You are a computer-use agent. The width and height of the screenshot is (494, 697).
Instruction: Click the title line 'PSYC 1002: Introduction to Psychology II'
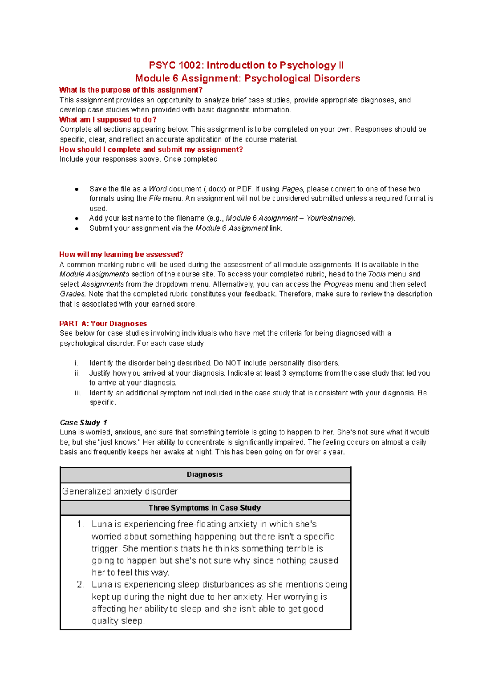click(246, 65)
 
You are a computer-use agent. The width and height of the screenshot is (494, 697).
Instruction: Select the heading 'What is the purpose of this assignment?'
click(130, 90)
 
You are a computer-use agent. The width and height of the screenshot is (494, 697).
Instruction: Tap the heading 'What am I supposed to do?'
click(107, 120)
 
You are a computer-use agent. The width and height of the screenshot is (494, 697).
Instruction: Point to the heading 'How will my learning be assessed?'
click(121, 254)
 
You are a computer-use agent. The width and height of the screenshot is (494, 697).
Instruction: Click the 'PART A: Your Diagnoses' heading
click(103, 323)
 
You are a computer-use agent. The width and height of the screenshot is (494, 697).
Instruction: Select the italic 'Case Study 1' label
click(83, 423)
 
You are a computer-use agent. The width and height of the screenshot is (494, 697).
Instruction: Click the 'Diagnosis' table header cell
click(205, 474)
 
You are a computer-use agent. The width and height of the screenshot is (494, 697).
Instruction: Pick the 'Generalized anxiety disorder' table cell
click(120, 491)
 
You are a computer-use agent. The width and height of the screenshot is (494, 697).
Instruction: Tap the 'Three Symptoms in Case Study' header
click(205, 508)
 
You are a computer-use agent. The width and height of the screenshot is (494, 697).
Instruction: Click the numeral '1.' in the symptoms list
click(81, 524)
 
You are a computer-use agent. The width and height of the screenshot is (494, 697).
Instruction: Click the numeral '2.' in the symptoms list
click(81, 584)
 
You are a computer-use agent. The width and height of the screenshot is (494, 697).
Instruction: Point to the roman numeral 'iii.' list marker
click(78, 393)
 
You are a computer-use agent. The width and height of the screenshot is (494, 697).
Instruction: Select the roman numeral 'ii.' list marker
click(77, 373)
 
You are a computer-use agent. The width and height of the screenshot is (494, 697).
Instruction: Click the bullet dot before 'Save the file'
click(77, 189)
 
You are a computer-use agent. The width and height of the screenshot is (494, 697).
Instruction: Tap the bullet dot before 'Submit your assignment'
click(77, 228)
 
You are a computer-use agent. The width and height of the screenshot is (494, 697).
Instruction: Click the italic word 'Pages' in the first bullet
click(292, 189)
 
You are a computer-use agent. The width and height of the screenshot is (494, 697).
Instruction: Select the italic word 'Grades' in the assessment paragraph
click(72, 294)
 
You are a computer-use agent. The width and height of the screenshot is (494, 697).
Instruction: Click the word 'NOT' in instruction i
click(233, 363)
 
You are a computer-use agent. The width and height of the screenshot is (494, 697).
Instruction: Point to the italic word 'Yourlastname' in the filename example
click(329, 218)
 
